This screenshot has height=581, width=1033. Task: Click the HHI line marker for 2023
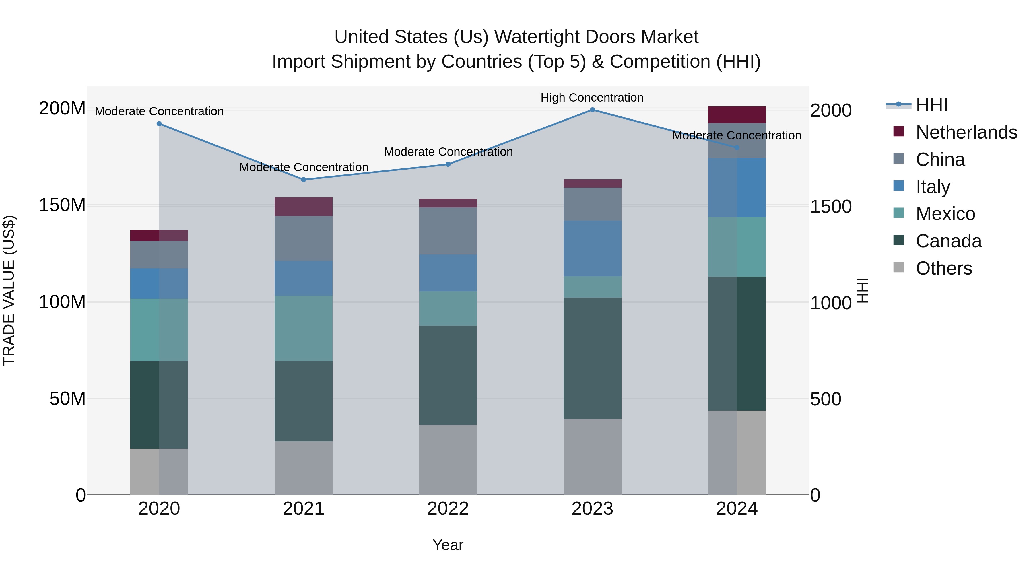[592, 110]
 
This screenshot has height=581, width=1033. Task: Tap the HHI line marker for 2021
[304, 180]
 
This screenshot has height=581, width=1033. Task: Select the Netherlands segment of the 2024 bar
[737, 115]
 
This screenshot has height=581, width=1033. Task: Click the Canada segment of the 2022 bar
[448, 375]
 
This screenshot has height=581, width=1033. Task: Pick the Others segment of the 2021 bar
[304, 468]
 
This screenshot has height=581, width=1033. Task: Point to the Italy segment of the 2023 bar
[592, 248]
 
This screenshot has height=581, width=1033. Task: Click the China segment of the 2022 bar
[448, 231]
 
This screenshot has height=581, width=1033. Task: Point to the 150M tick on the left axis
[62, 205]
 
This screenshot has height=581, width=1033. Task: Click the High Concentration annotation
[592, 98]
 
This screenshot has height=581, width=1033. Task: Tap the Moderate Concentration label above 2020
[159, 112]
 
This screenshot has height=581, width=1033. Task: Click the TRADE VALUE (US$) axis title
[9, 290]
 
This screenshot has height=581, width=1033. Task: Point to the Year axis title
[448, 545]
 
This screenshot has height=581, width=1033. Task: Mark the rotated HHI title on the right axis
[862, 290]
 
